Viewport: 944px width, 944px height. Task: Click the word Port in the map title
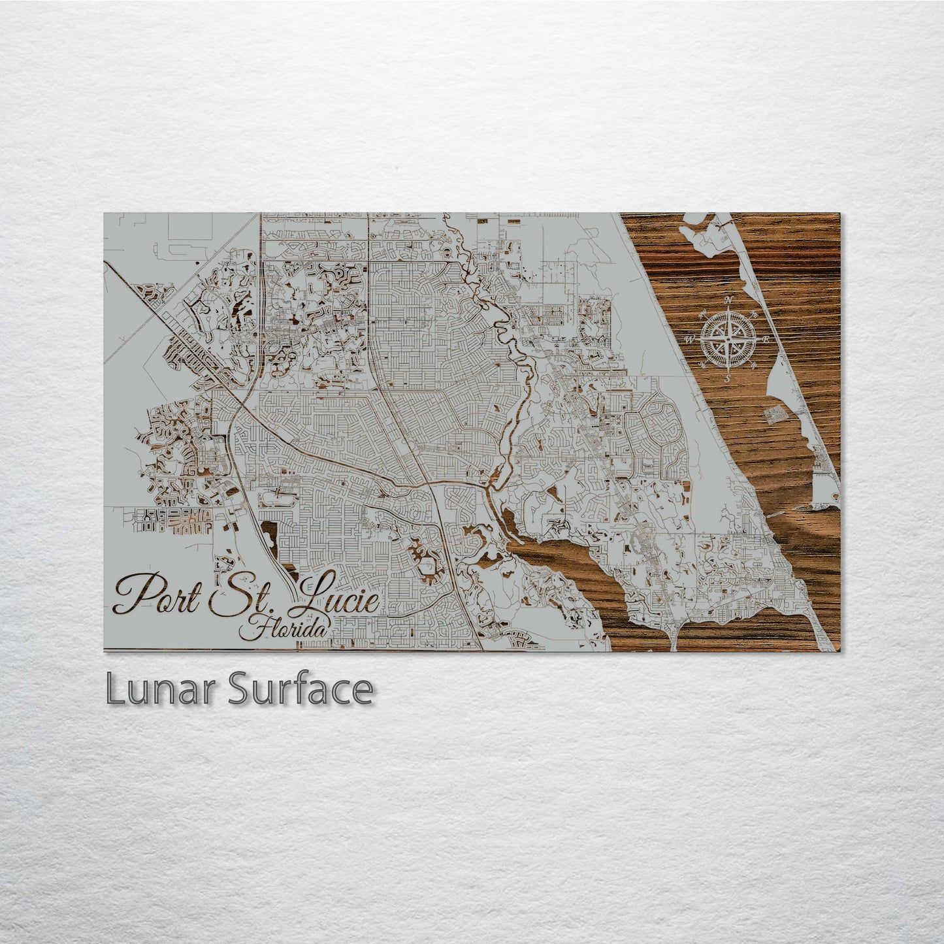pos(156,595)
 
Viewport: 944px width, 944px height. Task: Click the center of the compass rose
pos(728,339)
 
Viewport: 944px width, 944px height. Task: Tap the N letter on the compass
pos(730,300)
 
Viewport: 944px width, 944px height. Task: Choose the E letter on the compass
pos(766,340)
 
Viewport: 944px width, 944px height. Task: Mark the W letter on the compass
pos(690,340)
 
